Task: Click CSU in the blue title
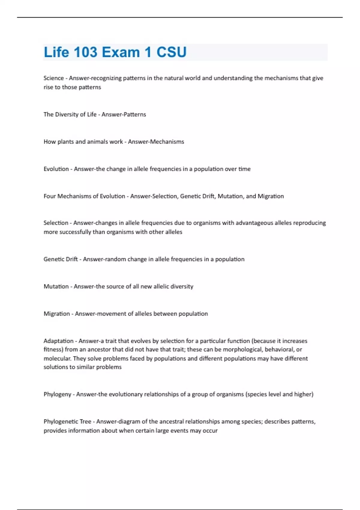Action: point(171,52)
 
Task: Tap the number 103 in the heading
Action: point(85,52)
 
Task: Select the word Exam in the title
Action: point(121,52)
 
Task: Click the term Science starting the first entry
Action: point(53,78)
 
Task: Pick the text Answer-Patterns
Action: point(124,114)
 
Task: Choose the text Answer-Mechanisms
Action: point(156,142)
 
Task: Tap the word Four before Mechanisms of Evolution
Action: point(49,196)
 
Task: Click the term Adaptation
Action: point(58,341)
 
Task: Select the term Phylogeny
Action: point(57,394)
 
